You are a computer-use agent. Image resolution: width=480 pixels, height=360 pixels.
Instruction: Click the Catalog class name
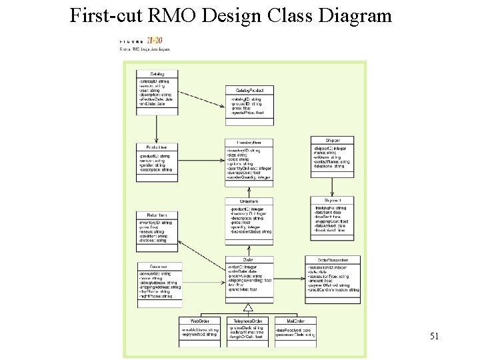tap(157, 74)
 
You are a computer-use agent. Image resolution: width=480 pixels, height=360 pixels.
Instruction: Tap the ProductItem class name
tap(157, 147)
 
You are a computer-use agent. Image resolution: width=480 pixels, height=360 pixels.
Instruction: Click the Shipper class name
tap(333, 140)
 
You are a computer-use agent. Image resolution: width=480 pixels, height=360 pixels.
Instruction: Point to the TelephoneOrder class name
tap(247, 321)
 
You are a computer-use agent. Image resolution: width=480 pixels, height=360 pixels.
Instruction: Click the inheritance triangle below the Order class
tap(248, 307)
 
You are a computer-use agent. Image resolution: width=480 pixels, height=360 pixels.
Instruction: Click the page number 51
tap(433, 335)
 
